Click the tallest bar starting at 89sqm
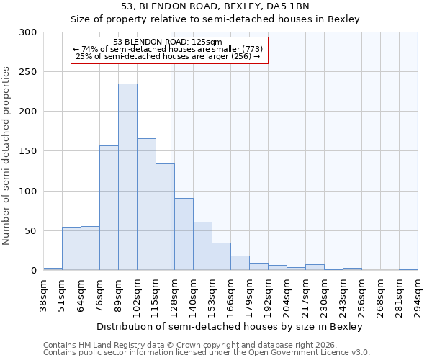coord(127,177)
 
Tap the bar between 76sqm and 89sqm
coord(109,208)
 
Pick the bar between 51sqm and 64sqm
coord(71,248)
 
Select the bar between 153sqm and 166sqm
coord(221,256)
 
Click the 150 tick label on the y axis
coord(29,151)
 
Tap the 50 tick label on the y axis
coord(31,231)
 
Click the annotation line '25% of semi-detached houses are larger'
coord(168,56)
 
